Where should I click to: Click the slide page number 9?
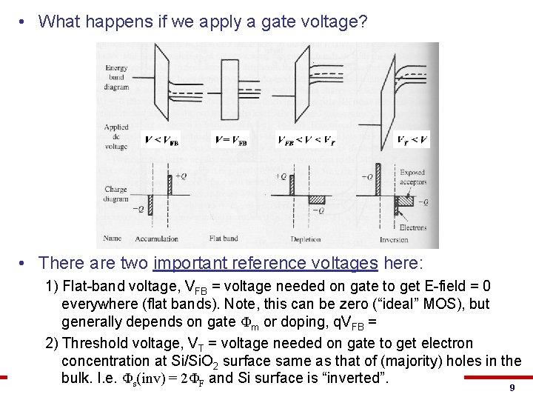[x=512, y=388]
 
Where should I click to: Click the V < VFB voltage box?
[x=161, y=140]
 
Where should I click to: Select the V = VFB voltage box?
[x=231, y=140]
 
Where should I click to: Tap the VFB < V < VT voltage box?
[x=306, y=140]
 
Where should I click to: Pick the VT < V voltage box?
[x=412, y=140]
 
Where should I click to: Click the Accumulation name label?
[x=157, y=239]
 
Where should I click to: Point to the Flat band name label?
[x=224, y=239]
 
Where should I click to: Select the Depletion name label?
[x=306, y=239]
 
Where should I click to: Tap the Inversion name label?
[x=394, y=239]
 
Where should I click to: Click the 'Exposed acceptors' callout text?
[x=412, y=177]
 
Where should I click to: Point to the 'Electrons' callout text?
[x=413, y=227]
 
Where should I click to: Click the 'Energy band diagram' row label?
[x=116, y=78]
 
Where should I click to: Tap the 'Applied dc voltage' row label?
[x=116, y=136]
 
